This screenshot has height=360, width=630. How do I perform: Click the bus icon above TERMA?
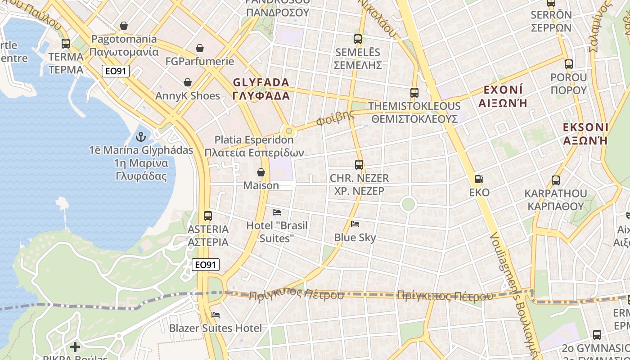(x=66, y=44)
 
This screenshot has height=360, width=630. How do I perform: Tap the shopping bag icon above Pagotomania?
(x=124, y=26)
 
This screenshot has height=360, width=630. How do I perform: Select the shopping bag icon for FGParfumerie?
(x=200, y=48)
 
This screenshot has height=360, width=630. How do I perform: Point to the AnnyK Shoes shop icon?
(x=188, y=83)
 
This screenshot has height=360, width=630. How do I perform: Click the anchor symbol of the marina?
(x=141, y=137)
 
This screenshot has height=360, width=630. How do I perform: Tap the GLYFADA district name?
(x=261, y=89)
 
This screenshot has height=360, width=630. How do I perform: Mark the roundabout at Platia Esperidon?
(x=289, y=131)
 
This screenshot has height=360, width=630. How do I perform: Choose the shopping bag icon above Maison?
(x=261, y=172)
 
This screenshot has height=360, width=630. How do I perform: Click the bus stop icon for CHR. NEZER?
(x=359, y=165)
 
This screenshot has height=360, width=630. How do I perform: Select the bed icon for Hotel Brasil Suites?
(x=277, y=212)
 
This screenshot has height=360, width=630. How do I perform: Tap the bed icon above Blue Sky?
(x=355, y=224)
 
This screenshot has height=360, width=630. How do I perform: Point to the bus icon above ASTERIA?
(x=207, y=216)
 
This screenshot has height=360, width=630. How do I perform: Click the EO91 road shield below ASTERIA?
(x=206, y=265)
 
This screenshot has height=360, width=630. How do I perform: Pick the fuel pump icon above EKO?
(x=479, y=180)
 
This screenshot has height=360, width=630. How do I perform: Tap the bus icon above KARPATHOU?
(x=556, y=180)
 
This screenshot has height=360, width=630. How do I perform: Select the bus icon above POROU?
(x=569, y=64)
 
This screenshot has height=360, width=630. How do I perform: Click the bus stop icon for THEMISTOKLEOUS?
(x=414, y=93)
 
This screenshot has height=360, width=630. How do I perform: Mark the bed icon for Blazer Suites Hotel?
(x=216, y=315)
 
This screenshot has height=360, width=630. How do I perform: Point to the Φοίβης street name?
(x=335, y=118)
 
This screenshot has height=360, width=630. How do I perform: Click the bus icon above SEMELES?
(x=358, y=39)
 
